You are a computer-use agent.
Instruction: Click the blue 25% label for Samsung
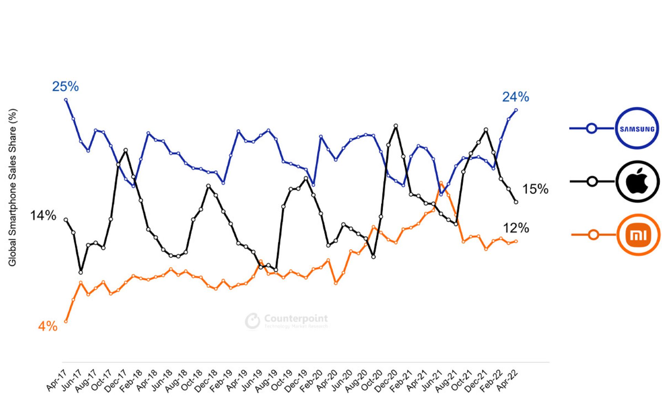point(66,86)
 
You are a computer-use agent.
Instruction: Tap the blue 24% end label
point(515,97)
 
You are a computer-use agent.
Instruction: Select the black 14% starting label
point(43,216)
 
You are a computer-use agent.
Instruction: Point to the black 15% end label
point(535,189)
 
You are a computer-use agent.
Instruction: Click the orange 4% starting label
point(48,326)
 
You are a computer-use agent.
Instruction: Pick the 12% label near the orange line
point(516,228)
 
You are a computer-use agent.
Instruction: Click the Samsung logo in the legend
point(637,129)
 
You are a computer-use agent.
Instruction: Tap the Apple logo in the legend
point(637,181)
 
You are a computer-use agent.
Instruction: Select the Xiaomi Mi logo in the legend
point(638,235)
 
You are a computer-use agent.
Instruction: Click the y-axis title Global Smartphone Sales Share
point(12,187)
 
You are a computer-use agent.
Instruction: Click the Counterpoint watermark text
point(295,318)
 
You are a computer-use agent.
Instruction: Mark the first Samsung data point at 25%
point(66,100)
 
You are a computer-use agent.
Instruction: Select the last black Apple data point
point(516,202)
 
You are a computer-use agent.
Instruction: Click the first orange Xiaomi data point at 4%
point(66,322)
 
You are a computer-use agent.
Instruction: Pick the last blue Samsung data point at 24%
point(516,110)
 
